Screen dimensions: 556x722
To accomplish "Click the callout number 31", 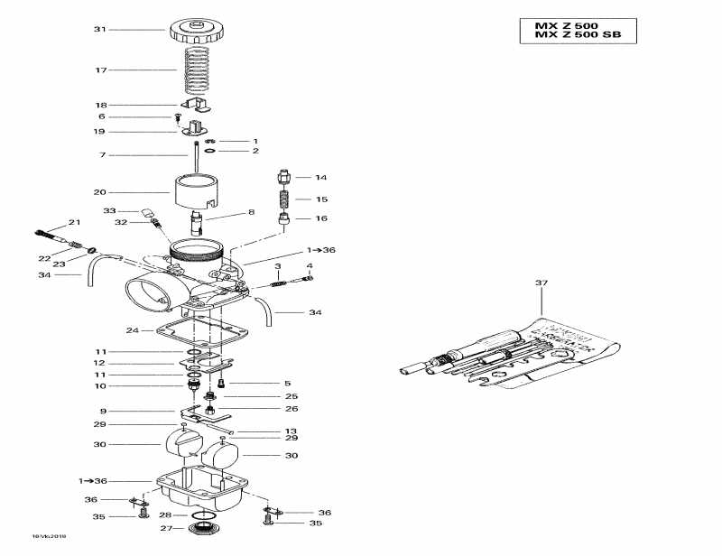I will pos(100,30).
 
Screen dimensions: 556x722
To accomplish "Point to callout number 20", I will pos(100,192).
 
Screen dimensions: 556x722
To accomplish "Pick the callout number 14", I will pos(320,178).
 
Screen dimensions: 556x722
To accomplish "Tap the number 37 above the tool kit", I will pos(541,283).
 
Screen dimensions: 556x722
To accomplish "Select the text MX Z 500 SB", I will pos(578,35).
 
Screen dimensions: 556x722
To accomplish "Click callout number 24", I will pos(132,329).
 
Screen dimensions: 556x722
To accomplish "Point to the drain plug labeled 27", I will pos(204,529).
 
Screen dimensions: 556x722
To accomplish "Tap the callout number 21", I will pos(74,222).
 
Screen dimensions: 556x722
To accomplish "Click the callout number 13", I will pos(291,431).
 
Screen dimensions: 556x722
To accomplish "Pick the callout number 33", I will pos(108,210).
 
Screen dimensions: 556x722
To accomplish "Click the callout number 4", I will pos(310,266).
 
